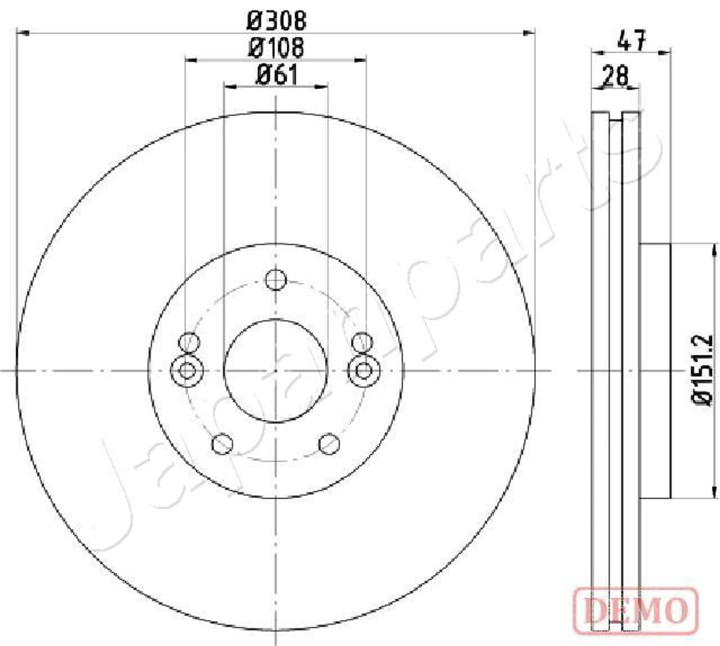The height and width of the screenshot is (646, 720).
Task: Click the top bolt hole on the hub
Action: tap(276, 280)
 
